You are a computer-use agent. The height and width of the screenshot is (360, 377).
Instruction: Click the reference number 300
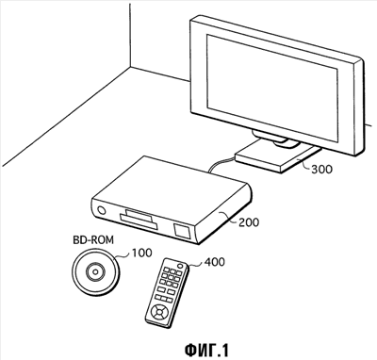pyautogui.click(x=321, y=170)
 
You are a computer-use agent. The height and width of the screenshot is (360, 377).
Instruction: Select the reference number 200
pyautogui.click(x=249, y=222)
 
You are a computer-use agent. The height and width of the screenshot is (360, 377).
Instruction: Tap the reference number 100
pyautogui.click(x=141, y=253)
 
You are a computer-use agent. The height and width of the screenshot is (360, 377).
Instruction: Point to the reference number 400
pyautogui.click(x=215, y=261)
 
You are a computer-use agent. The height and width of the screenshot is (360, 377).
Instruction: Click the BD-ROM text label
pyautogui.click(x=93, y=240)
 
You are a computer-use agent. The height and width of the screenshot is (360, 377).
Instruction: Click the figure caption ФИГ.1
pyautogui.click(x=206, y=350)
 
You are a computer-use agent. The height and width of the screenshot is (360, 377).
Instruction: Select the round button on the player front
pyautogui.click(x=102, y=210)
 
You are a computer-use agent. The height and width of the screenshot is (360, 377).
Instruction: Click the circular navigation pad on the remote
pyautogui.click(x=158, y=313)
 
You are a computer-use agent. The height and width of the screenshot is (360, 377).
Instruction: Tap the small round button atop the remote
pyautogui.click(x=180, y=266)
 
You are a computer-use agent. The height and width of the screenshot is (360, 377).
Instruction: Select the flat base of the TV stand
pyautogui.click(x=278, y=157)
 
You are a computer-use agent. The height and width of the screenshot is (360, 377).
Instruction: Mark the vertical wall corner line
pyautogui.click(x=130, y=34)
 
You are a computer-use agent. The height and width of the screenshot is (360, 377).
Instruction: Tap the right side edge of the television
pyautogui.click(x=360, y=106)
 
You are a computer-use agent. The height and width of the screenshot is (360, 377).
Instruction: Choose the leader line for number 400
pyautogui.click(x=196, y=265)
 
